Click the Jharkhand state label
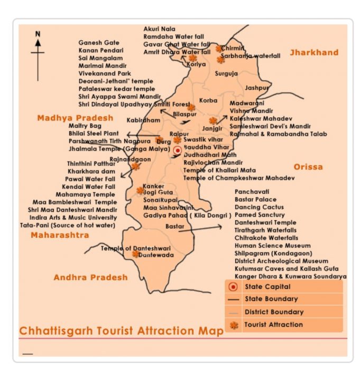[313, 52]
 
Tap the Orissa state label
[308, 167]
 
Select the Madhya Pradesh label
[75, 118]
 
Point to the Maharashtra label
[60, 235]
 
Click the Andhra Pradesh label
[90, 277]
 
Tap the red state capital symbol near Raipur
[178, 151]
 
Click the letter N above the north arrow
[38, 34]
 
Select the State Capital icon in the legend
[233, 287]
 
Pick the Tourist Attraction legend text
[273, 324]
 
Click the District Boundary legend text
[274, 312]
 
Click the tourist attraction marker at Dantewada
[136, 254]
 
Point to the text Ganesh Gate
[99, 42]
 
